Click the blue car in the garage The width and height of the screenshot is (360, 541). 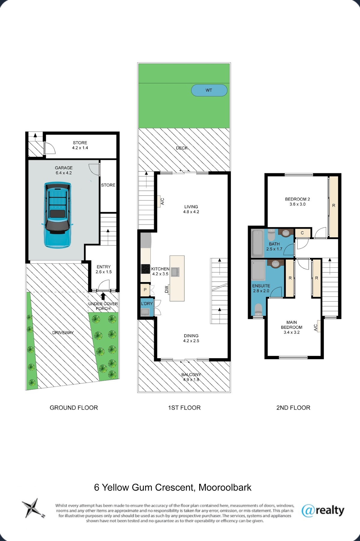pyautogui.click(x=57, y=215)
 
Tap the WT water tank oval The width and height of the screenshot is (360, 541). pyautogui.click(x=209, y=90)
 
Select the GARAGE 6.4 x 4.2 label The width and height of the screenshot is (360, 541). pyautogui.click(x=64, y=170)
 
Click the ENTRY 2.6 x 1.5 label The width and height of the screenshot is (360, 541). pyautogui.click(x=103, y=269)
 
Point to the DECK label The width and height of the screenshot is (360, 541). pyautogui.click(x=182, y=148)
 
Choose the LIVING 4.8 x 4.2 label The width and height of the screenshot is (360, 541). pyautogui.click(x=191, y=209)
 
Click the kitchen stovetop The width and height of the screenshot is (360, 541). pyautogui.click(x=146, y=269)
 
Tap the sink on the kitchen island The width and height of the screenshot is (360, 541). pyautogui.click(x=175, y=272)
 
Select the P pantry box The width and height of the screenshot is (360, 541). pyautogui.click(x=145, y=290)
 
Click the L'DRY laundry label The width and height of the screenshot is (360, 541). pyautogui.click(x=147, y=304)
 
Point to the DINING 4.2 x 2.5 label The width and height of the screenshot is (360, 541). pyautogui.click(x=191, y=338)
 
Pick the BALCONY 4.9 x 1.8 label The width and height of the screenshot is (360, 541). pyautogui.click(x=191, y=377)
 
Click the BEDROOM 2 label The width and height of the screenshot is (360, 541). pyautogui.click(x=298, y=199)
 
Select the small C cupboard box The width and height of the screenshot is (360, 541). pyautogui.click(x=302, y=233)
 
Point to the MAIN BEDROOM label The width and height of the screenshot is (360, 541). pyautogui.click(x=292, y=325)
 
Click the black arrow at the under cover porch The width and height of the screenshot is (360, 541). pyautogui.click(x=103, y=296)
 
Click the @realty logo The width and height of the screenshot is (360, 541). pyautogui.click(x=323, y=510)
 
